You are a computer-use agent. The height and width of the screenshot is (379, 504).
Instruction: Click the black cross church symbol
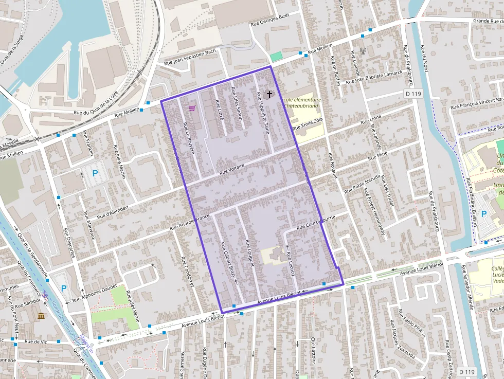pyautogui.click(x=269, y=95)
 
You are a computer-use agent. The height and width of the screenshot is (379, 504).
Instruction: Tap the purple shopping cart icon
pyautogui.click(x=192, y=108)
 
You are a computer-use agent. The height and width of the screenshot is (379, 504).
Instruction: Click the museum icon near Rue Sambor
pyautogui.click(x=41, y=315)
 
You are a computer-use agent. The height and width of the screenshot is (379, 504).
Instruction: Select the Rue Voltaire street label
pyautogui.click(x=231, y=168)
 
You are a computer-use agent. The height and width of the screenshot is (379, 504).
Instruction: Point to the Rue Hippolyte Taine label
pyautogui.click(x=263, y=113)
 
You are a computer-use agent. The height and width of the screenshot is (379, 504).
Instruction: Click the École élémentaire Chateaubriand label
pyautogui.click(x=301, y=102)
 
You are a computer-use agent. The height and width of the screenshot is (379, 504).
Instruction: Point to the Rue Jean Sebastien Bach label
pyautogui.click(x=190, y=57)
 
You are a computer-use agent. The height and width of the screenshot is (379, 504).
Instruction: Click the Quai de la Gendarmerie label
pyautogui.click(x=32, y=255)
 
